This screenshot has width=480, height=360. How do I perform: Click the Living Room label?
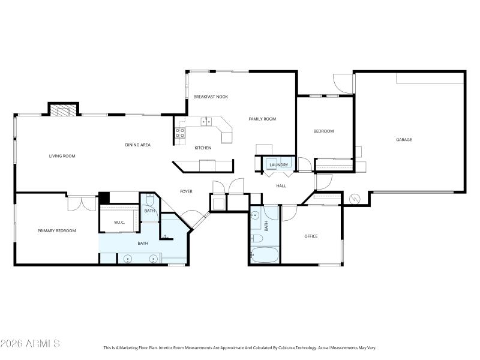coord(62,156)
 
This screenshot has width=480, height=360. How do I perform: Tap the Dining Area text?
coord(137,145)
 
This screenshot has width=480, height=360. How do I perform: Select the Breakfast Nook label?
coord(211,97)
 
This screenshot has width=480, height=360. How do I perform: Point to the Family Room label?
coord(262,119)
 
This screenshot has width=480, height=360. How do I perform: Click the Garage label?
coord(404,139)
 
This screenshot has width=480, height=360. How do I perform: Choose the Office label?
coord(311,236)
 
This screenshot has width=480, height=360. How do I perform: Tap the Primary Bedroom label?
coord(56,230)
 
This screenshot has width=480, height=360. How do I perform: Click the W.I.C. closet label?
coord(119,223)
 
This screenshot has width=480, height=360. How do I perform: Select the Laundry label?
coord(279,164)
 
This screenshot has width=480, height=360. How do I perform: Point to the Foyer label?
coord(187,191)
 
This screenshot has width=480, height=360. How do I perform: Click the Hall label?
coord(281,186)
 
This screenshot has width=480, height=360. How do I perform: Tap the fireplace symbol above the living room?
coord(63,110)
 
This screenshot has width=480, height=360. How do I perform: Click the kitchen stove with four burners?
coord(179,133)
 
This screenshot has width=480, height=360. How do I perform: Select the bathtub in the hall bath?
coord(264,254)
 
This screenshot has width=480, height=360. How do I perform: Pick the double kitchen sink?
coord(206,122)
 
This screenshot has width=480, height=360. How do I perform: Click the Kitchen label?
coord(203,148)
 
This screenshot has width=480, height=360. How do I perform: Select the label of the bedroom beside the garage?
coord(323,131)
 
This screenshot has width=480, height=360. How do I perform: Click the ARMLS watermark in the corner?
coord(30,343)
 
